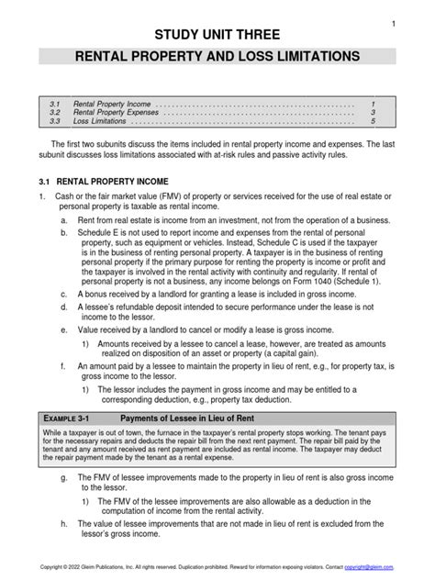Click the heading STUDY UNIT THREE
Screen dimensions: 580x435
click(x=217, y=36)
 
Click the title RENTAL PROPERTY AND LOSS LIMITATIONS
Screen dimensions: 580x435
click(x=217, y=57)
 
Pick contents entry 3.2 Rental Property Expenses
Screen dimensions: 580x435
click(x=117, y=111)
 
